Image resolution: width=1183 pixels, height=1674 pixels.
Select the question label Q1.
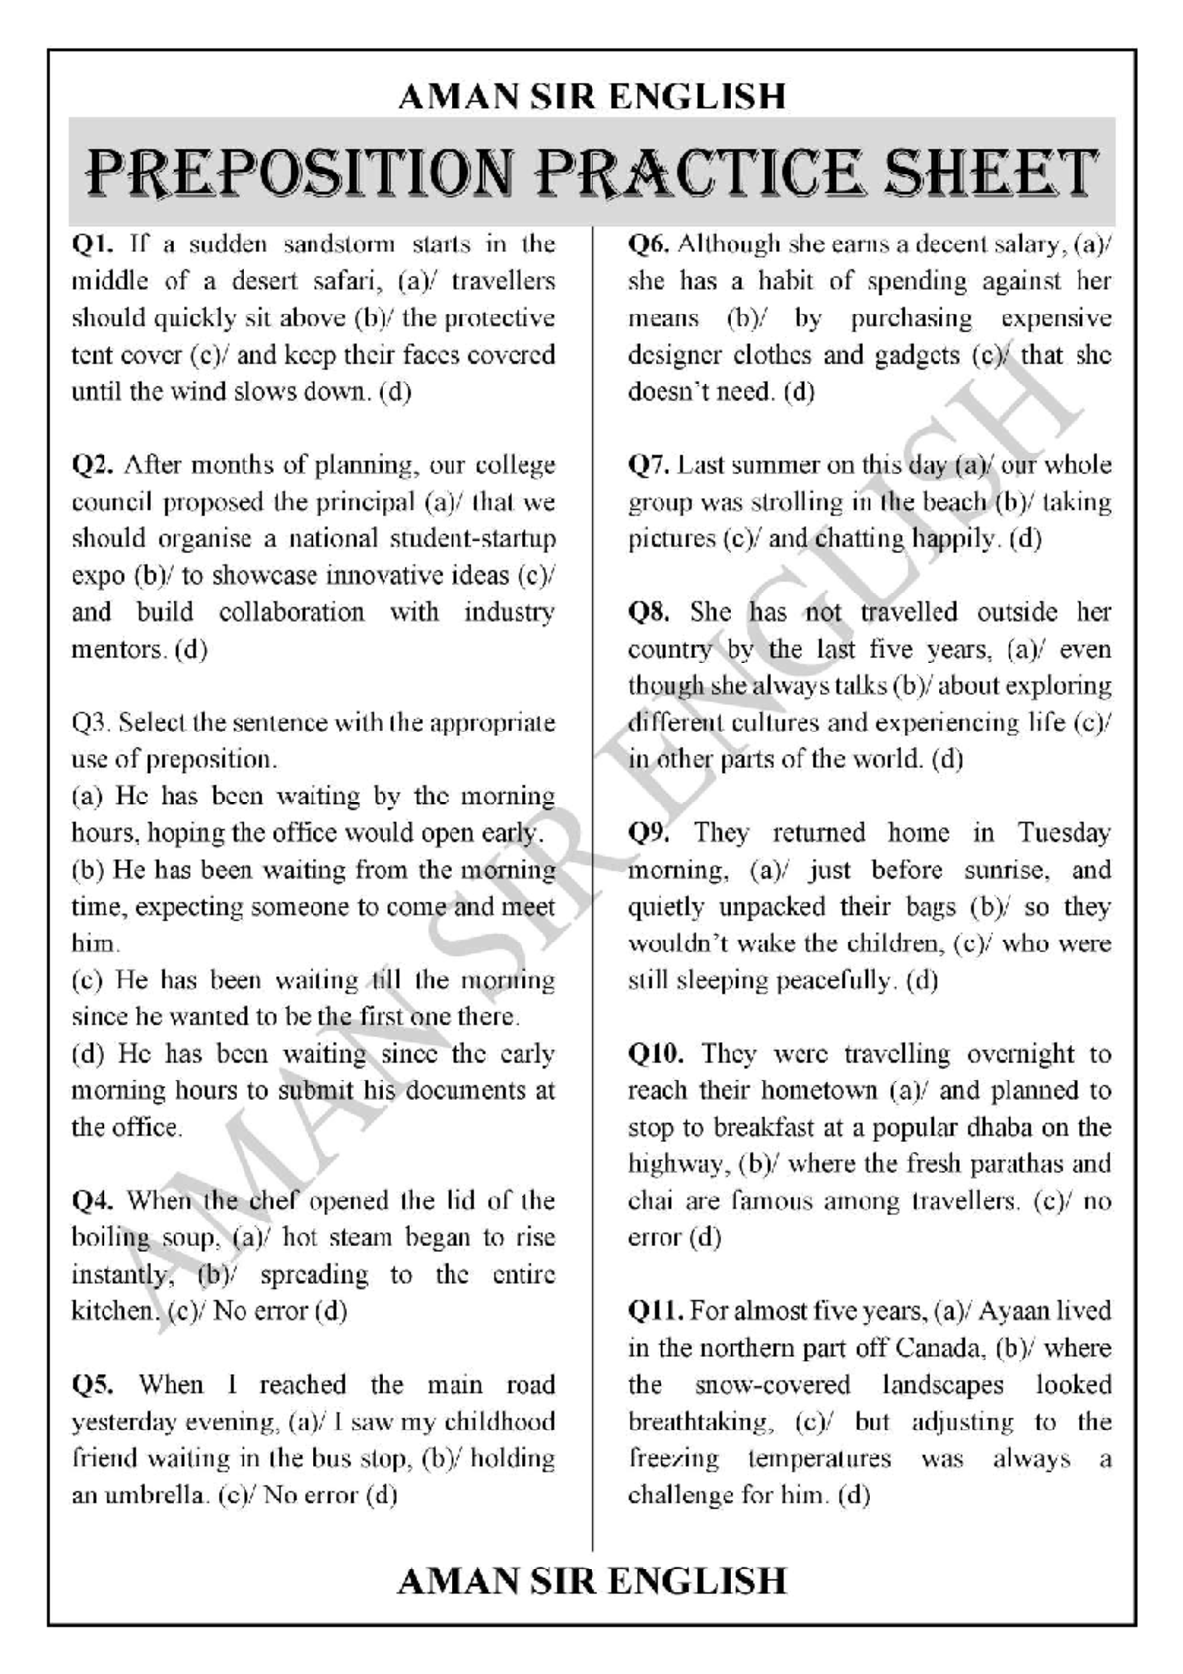(x=94, y=244)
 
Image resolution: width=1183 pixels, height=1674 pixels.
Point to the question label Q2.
(x=94, y=464)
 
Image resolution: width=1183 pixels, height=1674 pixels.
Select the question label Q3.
(x=91, y=723)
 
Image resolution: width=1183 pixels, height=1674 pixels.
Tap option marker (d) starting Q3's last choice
(x=87, y=1054)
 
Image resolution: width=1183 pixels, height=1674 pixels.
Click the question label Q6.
(x=649, y=244)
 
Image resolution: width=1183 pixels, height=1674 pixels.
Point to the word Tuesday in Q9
(x=1064, y=833)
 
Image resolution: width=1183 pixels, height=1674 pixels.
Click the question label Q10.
(x=657, y=1054)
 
